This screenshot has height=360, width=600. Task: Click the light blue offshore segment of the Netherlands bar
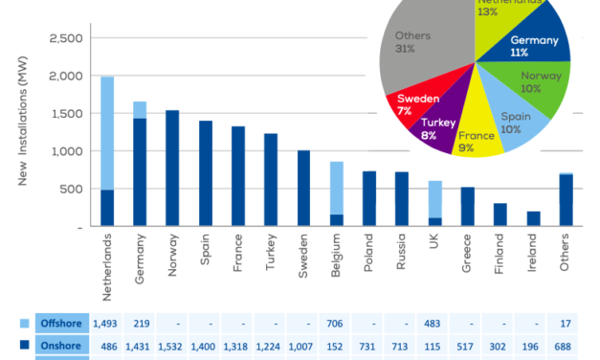[107, 133]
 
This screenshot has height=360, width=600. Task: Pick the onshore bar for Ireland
[532, 219]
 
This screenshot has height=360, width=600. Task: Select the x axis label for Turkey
[271, 252]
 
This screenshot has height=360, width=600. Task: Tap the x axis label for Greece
[467, 252]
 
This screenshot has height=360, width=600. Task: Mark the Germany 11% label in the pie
[534, 47]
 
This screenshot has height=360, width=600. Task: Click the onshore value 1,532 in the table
[172, 345]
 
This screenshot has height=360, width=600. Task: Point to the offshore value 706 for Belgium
[337, 323]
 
